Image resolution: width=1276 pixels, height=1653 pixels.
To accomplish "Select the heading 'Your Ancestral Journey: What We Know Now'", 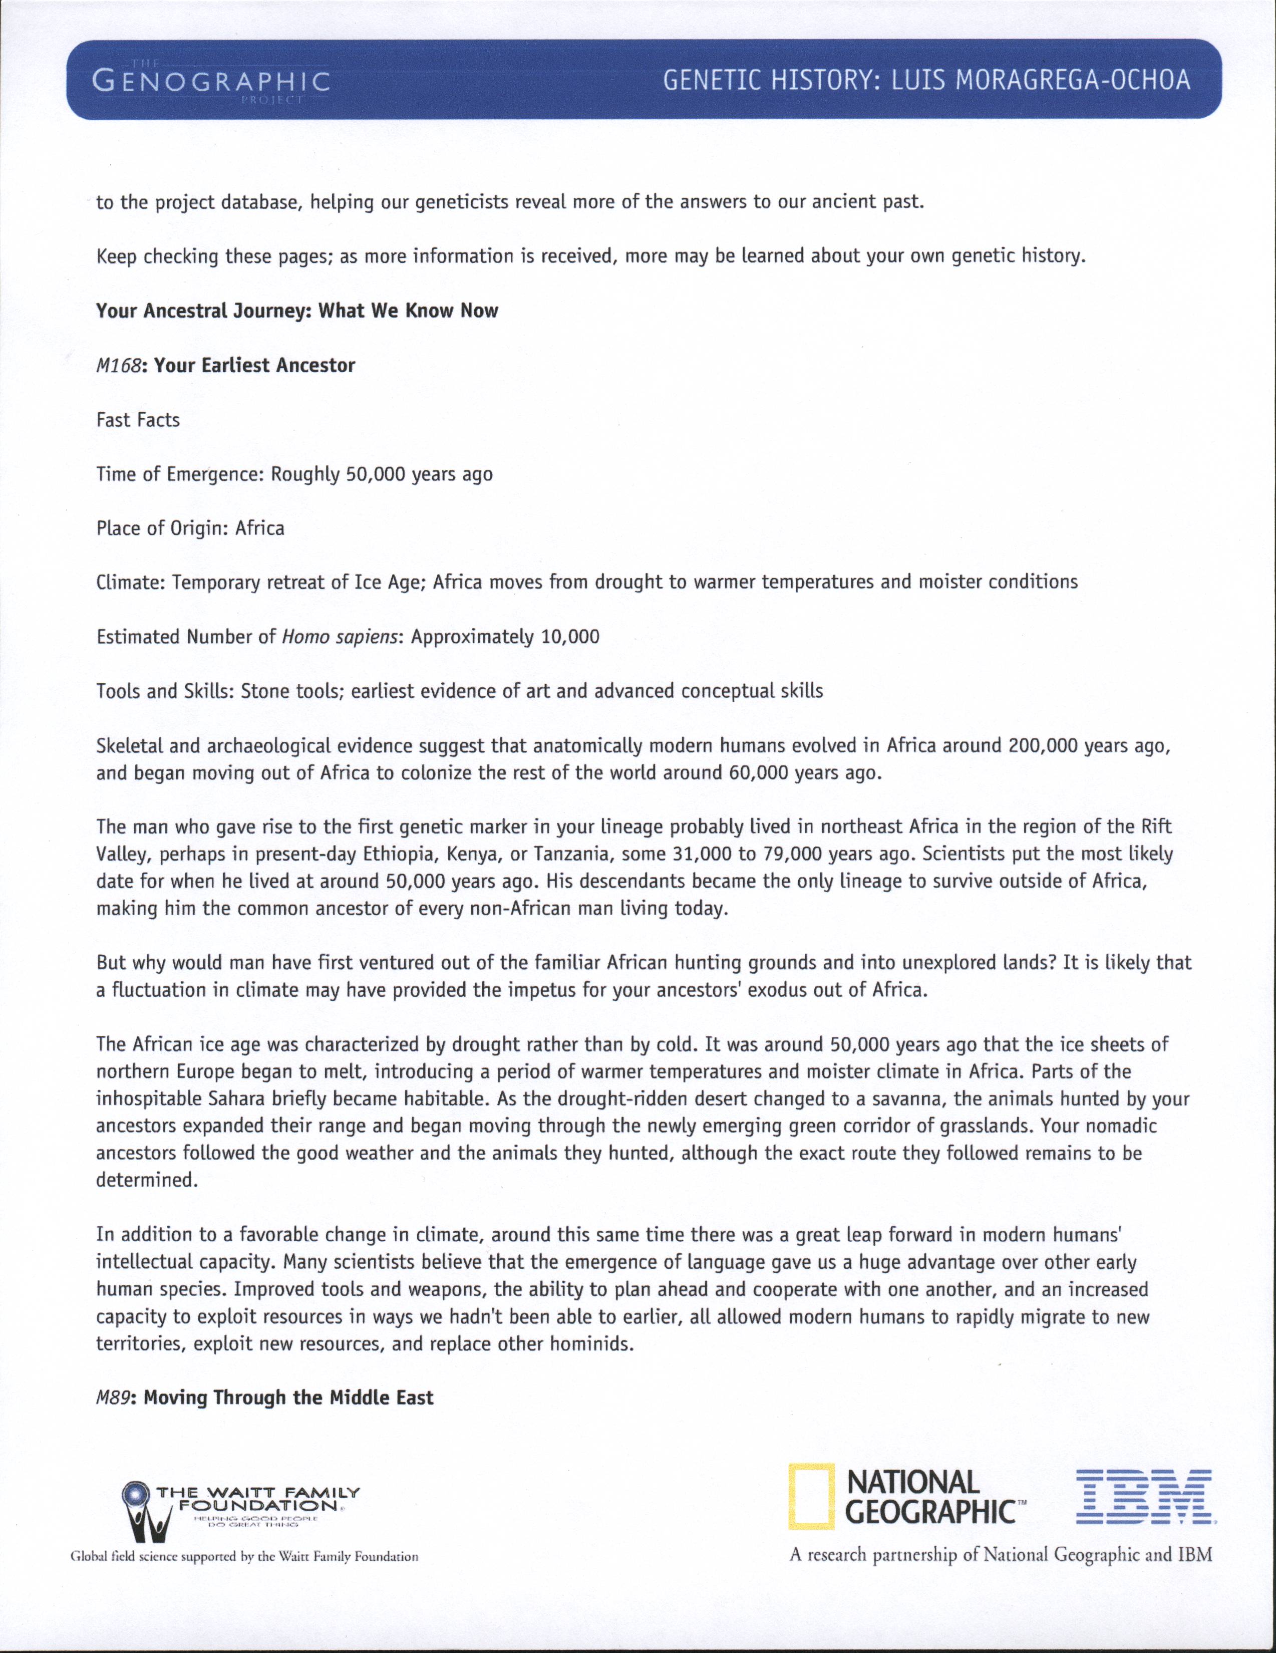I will pyautogui.click(x=296, y=311).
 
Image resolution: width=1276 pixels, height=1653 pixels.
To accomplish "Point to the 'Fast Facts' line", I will pyautogui.click(x=138, y=420).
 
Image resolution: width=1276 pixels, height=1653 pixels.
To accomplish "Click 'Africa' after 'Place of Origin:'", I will pyautogui.click(x=259, y=528).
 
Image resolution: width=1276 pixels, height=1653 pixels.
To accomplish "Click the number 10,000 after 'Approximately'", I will pyautogui.click(x=570, y=637).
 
